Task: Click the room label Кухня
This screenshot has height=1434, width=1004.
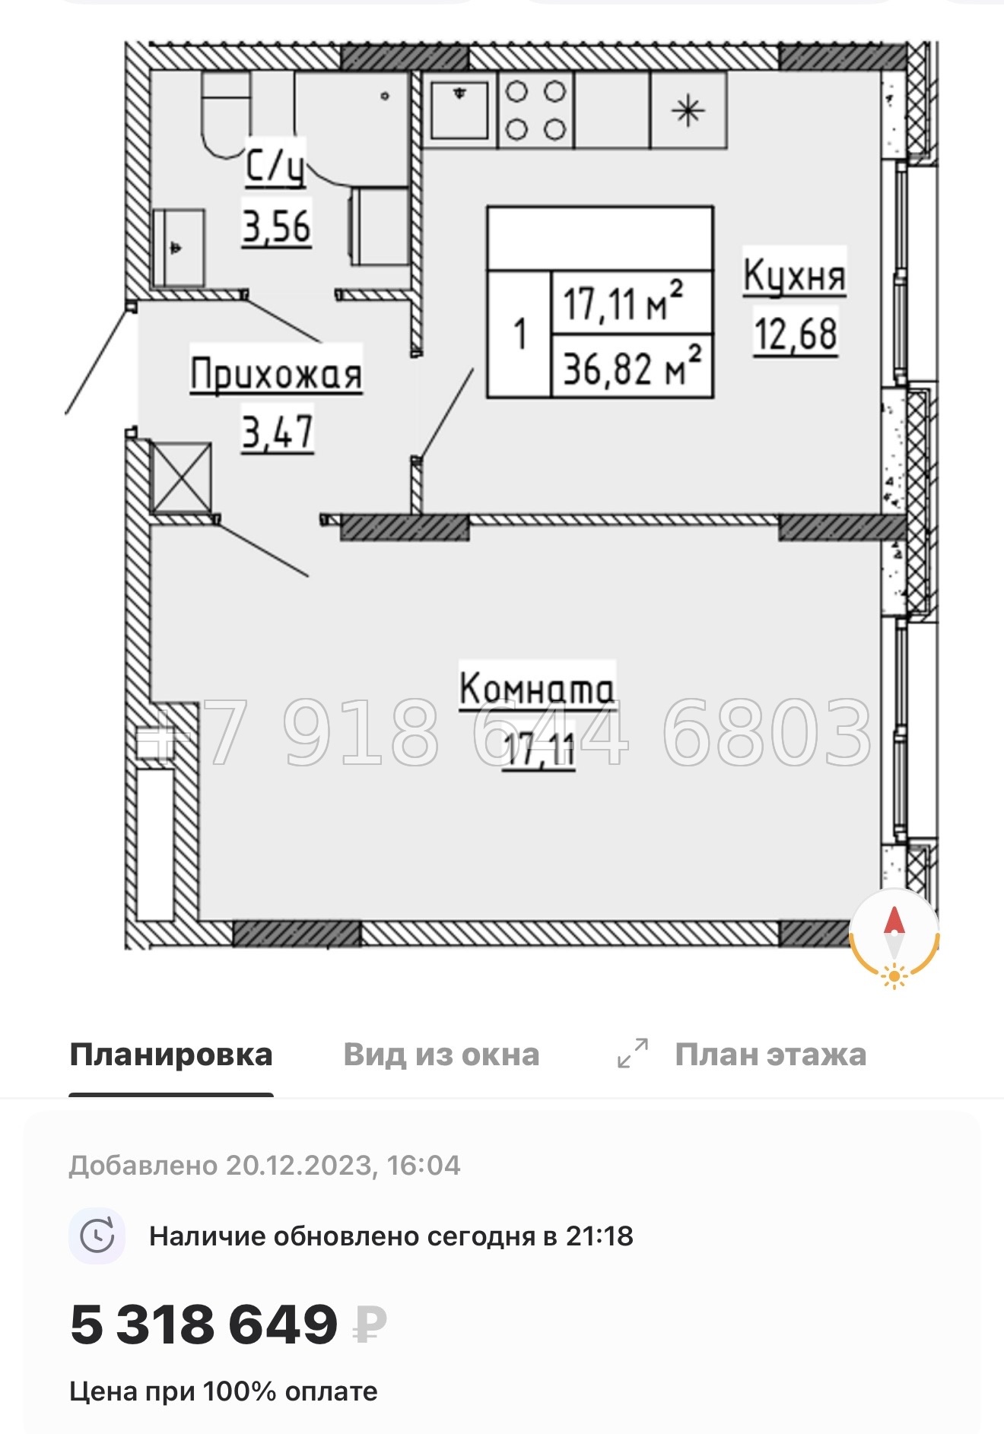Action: [x=794, y=274]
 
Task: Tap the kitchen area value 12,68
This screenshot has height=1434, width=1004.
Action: [x=796, y=333]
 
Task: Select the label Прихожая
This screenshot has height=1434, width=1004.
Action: [x=275, y=374]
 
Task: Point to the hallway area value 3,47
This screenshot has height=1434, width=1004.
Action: [x=278, y=433]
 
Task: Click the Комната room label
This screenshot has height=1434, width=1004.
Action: [x=537, y=688]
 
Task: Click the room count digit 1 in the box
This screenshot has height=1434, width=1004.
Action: [x=519, y=334]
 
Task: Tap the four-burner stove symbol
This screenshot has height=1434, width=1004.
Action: [x=535, y=111]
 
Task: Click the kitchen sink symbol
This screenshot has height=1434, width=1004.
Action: [x=459, y=110]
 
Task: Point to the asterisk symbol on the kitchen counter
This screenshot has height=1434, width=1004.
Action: [x=688, y=111]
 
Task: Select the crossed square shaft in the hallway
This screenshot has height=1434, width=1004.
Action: [x=181, y=477]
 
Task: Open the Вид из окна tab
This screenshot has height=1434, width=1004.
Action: [x=441, y=1055]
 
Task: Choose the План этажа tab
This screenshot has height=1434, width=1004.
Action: [x=770, y=1055]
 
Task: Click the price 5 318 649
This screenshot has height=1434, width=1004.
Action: [x=204, y=1324]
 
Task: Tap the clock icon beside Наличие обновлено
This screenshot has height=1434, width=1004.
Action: [x=97, y=1236]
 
